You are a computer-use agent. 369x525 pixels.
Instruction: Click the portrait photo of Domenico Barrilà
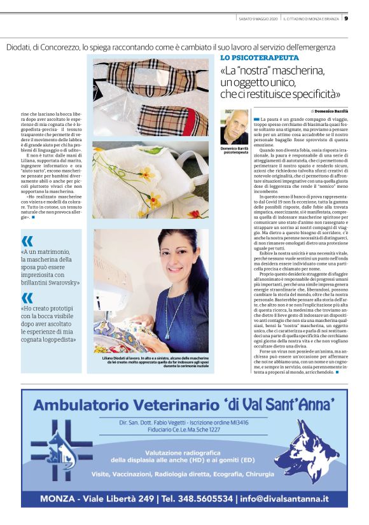pos(234,127)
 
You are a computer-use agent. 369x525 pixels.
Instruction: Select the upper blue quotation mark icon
pos(27,241)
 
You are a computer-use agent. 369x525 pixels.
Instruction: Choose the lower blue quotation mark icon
pos(27,297)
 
